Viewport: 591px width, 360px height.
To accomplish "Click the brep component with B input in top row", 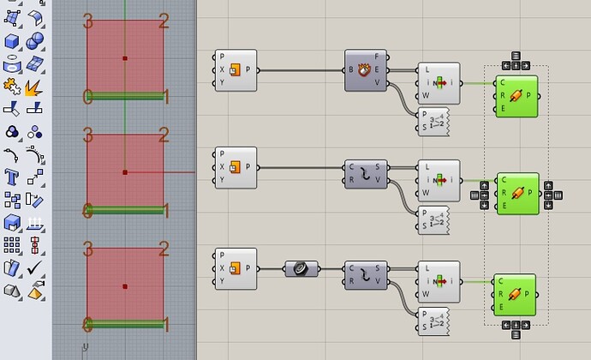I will (x=367, y=69).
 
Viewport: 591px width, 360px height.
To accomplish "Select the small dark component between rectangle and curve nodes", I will (x=301, y=268).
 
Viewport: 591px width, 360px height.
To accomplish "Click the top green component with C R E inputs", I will (x=517, y=95).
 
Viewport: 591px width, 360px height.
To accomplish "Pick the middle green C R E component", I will (x=517, y=194).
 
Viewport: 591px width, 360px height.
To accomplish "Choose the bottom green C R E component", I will (x=514, y=295).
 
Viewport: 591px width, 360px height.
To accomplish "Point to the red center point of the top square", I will (x=125, y=58).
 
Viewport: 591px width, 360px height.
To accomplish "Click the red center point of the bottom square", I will (x=125, y=286).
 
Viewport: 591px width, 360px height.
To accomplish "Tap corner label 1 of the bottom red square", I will (x=165, y=325).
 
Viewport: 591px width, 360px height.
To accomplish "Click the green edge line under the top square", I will (x=125, y=97).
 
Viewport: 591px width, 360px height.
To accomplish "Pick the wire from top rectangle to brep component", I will (x=300, y=69).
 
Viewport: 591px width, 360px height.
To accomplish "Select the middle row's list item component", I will (x=438, y=181).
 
